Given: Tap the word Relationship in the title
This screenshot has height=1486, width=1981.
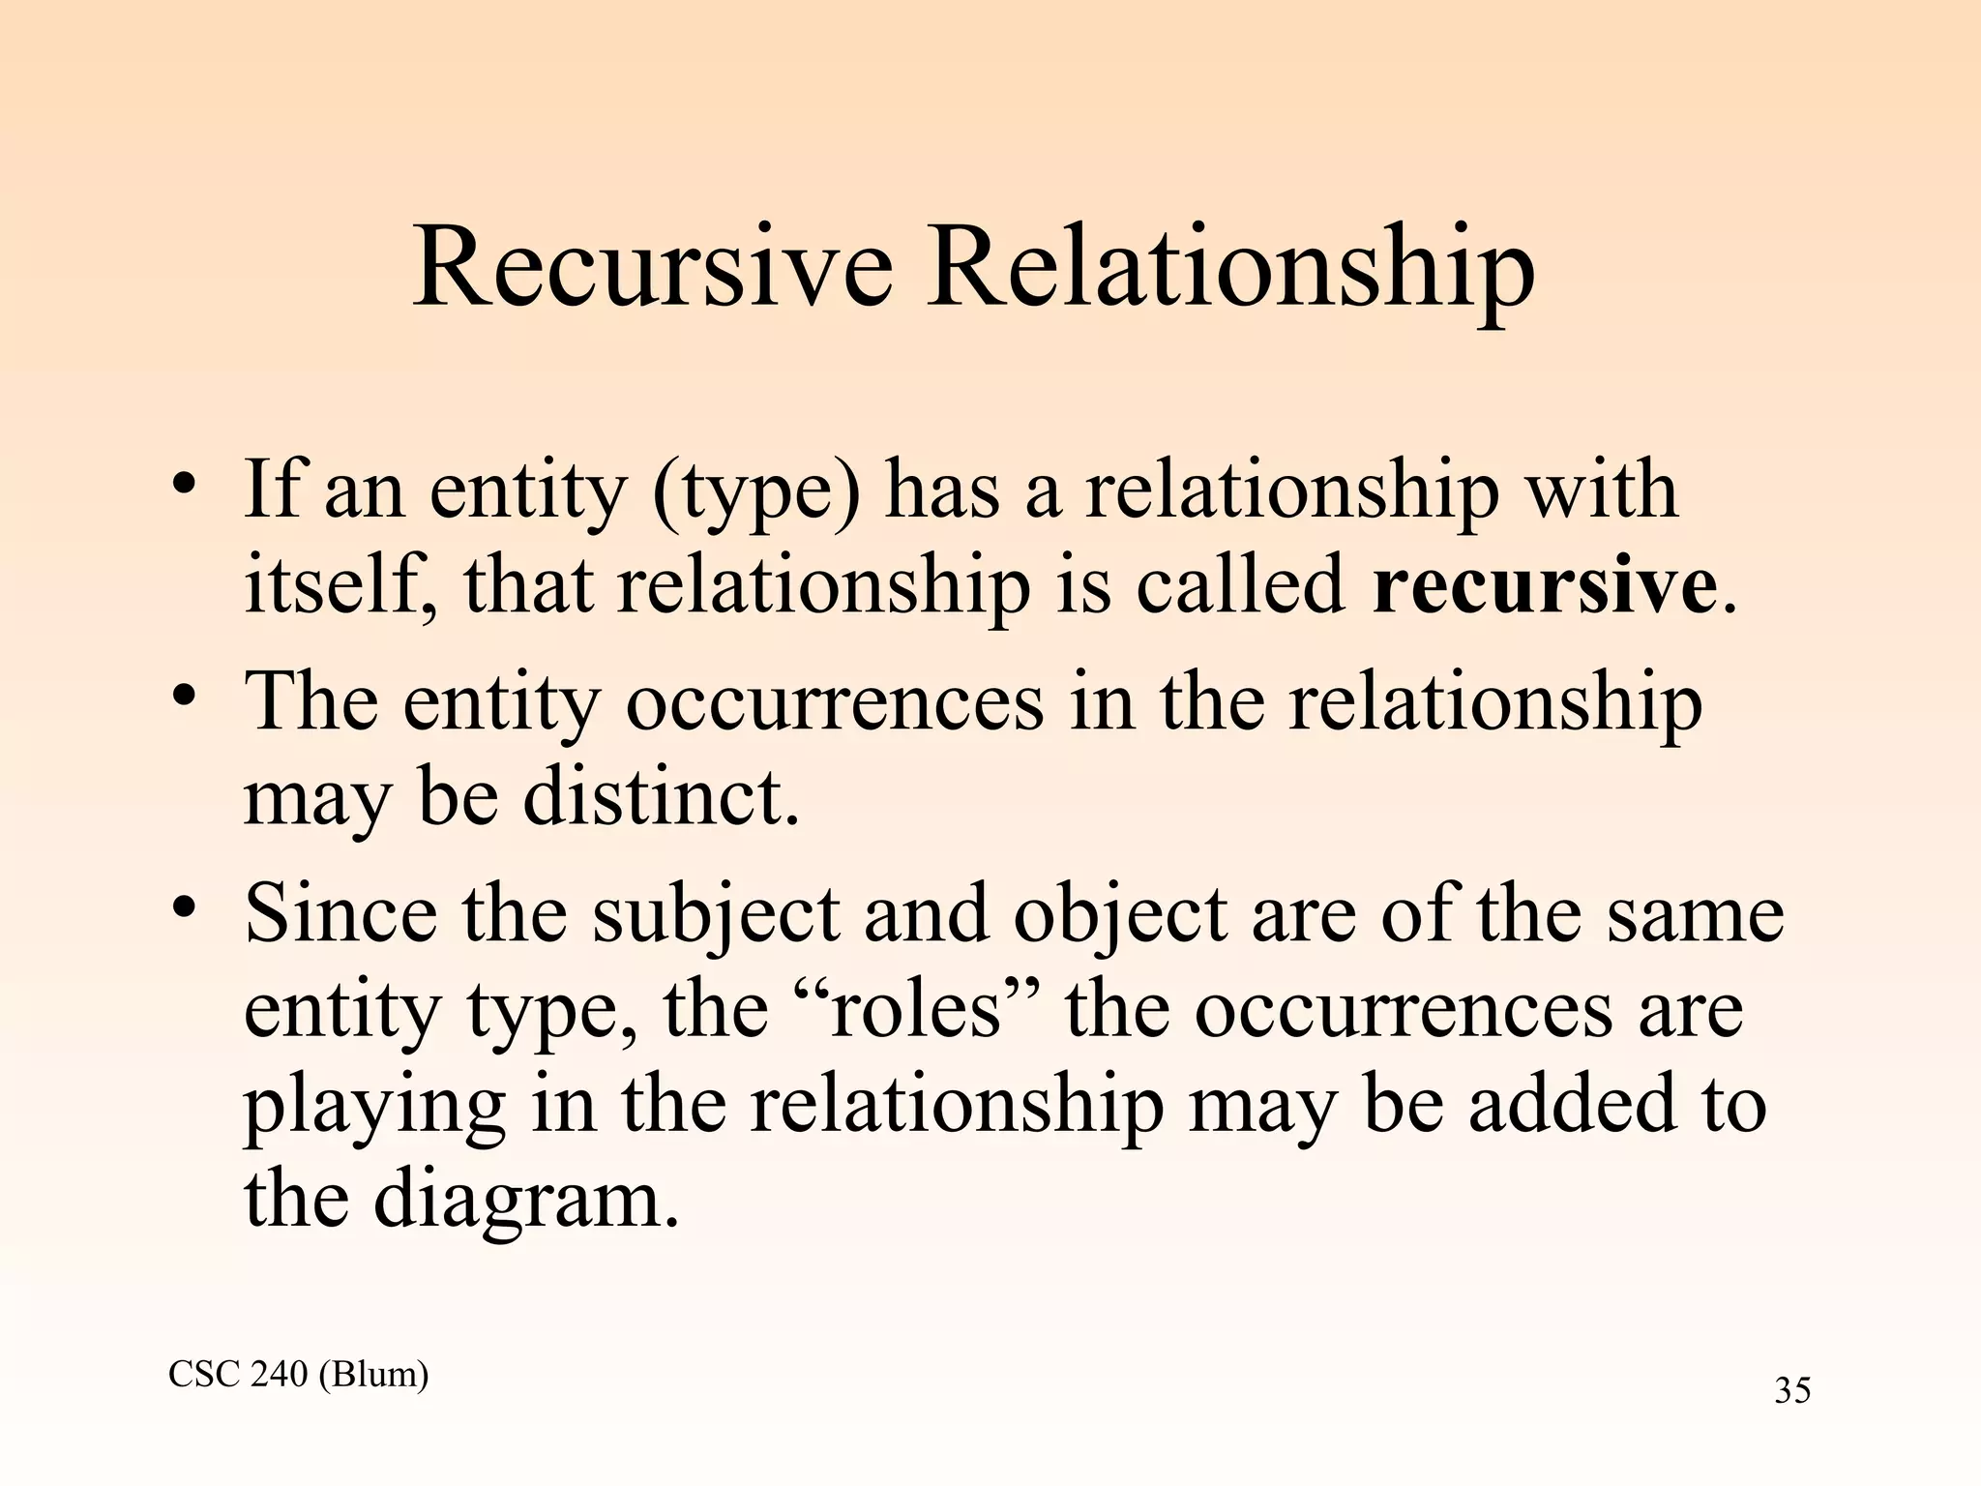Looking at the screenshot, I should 1229,269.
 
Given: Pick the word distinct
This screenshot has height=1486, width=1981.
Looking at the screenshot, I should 661,798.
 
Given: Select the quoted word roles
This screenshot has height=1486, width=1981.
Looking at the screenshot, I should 914,1009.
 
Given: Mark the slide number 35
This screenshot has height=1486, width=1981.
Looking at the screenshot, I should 1792,1390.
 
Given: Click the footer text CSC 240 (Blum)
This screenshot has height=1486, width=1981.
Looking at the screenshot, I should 298,1374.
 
